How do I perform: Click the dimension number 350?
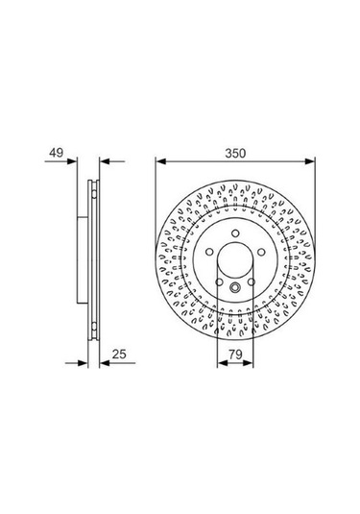235,153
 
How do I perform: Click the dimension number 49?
56,153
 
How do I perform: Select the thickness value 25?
119,354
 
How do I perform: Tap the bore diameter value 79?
235,354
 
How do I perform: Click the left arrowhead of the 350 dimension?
161,161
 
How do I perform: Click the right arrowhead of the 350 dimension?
309,161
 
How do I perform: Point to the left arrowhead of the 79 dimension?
223,363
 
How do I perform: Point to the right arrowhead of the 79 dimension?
248,363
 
